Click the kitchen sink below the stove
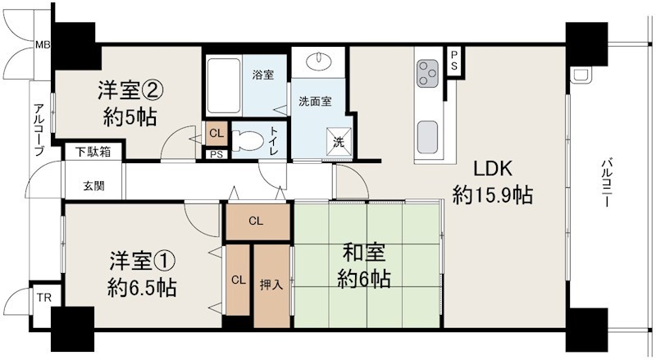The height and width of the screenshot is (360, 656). pyautogui.click(x=429, y=134)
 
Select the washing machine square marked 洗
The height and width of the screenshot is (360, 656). pyautogui.click(x=339, y=141)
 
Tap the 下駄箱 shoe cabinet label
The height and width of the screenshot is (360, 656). pyautogui.click(x=93, y=152)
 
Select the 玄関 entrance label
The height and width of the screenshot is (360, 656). pyautogui.click(x=93, y=185)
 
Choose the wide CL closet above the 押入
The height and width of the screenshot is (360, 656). pyautogui.click(x=257, y=220)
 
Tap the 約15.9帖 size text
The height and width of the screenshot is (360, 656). pyautogui.click(x=493, y=196)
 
